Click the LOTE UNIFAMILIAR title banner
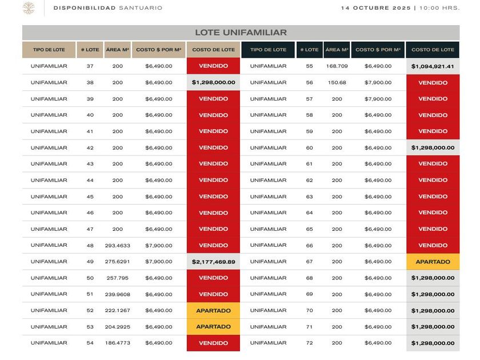pos(241,33)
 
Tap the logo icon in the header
pos(29,8)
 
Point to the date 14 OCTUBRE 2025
pos(377,8)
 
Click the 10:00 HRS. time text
pos(439,8)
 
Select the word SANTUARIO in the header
pos(141,8)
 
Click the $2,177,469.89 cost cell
pos(213,262)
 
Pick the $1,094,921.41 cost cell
pos(433,66)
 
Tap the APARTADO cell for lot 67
pos(433,262)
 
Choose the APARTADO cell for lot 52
pos(213,311)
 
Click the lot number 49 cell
pos(90,262)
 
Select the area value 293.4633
pos(117,246)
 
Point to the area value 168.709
pos(337,66)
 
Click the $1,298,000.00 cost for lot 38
pos(213,82)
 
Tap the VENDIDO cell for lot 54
pos(213,343)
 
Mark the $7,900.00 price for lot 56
pos(378,82)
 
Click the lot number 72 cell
pos(309,343)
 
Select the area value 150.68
pos(337,82)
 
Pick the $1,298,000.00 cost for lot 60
pos(433,148)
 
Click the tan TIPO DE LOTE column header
pos(49,50)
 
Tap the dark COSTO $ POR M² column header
pos(378,50)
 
